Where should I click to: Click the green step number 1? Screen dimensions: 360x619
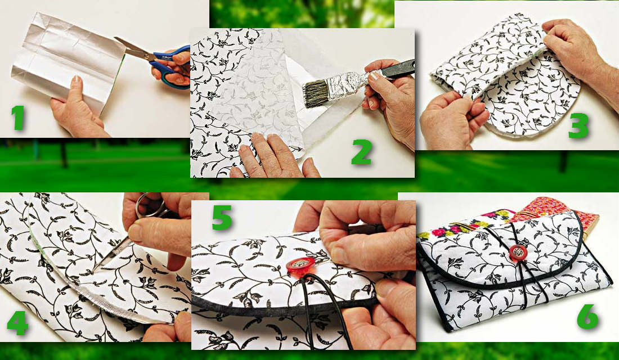[x=18, y=117]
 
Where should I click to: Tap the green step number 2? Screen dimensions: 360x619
[x=361, y=151]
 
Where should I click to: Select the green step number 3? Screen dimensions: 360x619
[x=578, y=124]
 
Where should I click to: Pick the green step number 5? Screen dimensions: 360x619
[x=222, y=218]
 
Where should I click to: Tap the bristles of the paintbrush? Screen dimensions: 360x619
[x=319, y=91]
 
